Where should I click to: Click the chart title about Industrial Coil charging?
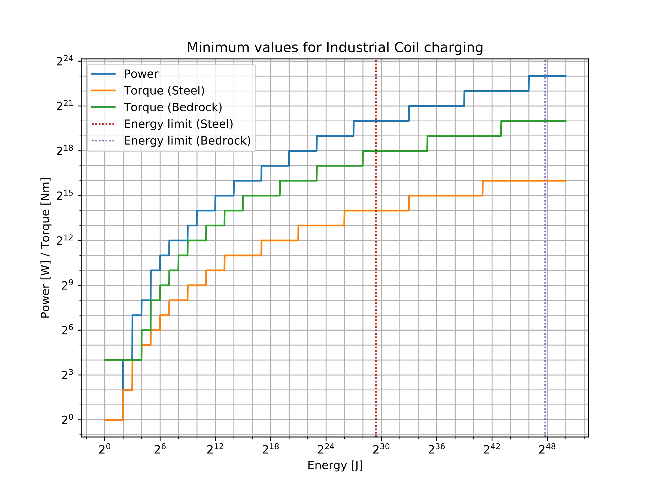335,48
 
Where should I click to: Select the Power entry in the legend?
141,74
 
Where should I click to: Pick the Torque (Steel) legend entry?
164,91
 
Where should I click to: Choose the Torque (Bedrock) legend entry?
173,107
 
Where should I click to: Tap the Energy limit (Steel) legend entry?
178,124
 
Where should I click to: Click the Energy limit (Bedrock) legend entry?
187,140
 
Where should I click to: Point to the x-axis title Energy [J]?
335,465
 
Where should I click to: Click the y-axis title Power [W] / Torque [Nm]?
46,248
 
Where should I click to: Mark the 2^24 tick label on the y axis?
65,61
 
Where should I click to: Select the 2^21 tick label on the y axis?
65,106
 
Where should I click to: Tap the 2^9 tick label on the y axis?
67,285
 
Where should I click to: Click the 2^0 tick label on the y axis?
67,420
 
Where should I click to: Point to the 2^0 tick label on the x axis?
104,449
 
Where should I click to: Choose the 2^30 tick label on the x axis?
381,449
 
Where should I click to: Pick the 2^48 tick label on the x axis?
547,449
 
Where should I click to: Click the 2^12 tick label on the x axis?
215,449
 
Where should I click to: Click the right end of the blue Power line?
565,76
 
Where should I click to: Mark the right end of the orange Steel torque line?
565,181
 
